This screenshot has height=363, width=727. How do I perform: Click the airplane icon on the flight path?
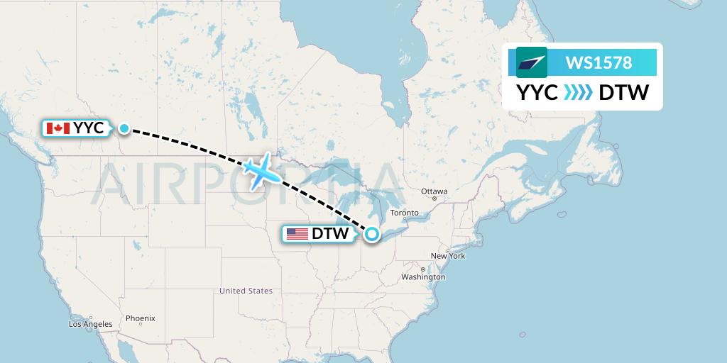(260, 171)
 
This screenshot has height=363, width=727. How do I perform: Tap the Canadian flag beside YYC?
(58, 128)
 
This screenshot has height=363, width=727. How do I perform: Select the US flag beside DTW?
(297, 233)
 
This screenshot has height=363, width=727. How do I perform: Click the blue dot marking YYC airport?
(124, 128)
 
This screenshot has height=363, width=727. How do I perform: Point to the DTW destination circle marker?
(371, 234)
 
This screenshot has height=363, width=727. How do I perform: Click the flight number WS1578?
(598, 63)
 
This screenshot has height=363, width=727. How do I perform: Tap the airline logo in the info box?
(532, 62)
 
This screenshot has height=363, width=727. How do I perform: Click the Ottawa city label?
(434, 191)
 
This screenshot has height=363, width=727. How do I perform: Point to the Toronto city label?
(404, 213)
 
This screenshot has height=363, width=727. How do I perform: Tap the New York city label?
(447, 255)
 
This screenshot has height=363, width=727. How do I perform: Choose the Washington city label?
(422, 277)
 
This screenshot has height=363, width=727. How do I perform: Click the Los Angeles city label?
(90, 324)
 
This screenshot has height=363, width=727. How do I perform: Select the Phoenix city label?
(140, 318)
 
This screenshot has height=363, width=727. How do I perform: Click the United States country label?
(246, 291)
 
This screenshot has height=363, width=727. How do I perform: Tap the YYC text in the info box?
(536, 93)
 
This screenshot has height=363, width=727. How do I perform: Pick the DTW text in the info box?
(623, 93)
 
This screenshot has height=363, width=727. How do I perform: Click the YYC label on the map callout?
(89, 128)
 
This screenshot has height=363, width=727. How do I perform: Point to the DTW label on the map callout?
(330, 233)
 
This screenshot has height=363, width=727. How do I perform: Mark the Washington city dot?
(422, 269)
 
